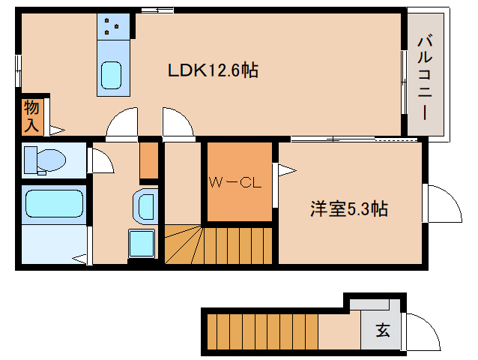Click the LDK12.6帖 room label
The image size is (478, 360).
pos(213,70)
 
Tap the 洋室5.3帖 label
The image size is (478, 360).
pos(349,209)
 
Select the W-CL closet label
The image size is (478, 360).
pos(235,183)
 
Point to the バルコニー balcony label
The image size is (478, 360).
pos(423,73)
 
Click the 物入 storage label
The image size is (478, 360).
pos(31,115)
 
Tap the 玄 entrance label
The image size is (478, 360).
pos(382,329)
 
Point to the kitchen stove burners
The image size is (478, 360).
pos(113,27)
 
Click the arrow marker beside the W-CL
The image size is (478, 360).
pos(285,169)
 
